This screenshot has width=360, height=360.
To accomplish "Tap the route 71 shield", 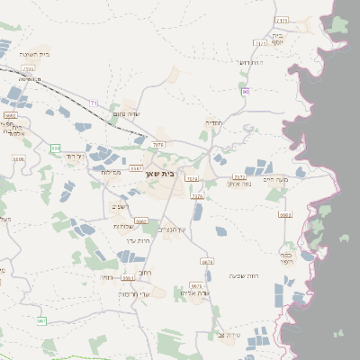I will point(94,103).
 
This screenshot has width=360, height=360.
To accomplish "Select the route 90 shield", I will point(245,91).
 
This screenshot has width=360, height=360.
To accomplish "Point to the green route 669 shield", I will point(56,148).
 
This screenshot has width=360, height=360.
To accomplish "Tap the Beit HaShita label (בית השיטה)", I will point(34,54).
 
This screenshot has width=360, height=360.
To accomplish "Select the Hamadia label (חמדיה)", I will point(214,122).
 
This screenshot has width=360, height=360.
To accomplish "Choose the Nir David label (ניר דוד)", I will point(73,156).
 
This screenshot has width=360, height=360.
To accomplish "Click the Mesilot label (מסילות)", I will point(111,172).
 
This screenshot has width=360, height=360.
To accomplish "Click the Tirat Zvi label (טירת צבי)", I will point(232,335).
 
